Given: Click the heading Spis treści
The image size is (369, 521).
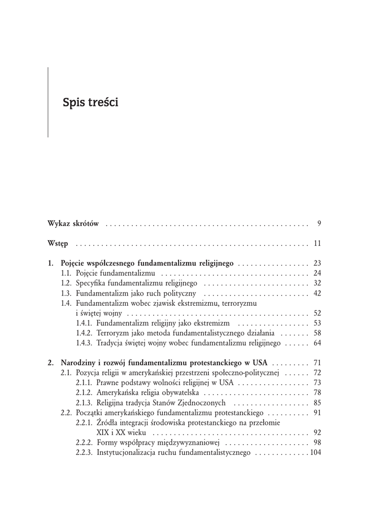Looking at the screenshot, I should click(90, 102).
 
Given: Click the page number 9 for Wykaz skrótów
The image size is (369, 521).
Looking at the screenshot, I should click(319, 223).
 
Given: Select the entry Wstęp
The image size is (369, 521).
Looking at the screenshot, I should click(58, 244).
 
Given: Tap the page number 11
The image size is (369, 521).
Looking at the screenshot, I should click(317, 244).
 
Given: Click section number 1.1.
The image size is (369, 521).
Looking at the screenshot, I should click(66, 273).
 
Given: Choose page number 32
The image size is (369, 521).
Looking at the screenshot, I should click(317, 283).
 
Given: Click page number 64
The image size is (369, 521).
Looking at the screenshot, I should click(317, 343).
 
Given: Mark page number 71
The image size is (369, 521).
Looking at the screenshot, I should click(317, 363).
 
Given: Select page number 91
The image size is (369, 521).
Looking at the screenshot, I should click(317, 413).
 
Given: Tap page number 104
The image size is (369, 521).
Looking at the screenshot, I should click(316, 452).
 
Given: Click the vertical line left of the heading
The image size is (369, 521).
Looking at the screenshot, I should click(48, 102).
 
